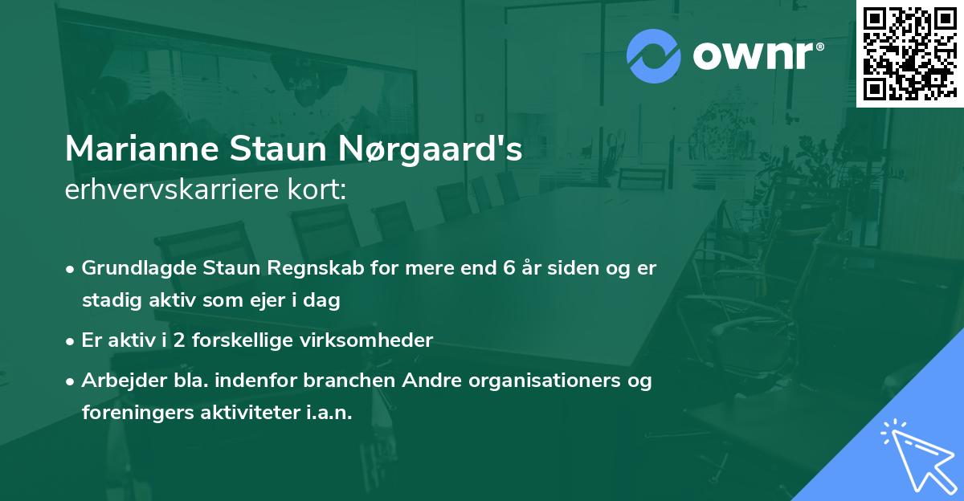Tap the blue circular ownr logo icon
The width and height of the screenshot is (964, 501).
(653, 56)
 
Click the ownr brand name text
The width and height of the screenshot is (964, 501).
(756, 56)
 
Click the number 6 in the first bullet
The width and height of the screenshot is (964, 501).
(509, 268)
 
